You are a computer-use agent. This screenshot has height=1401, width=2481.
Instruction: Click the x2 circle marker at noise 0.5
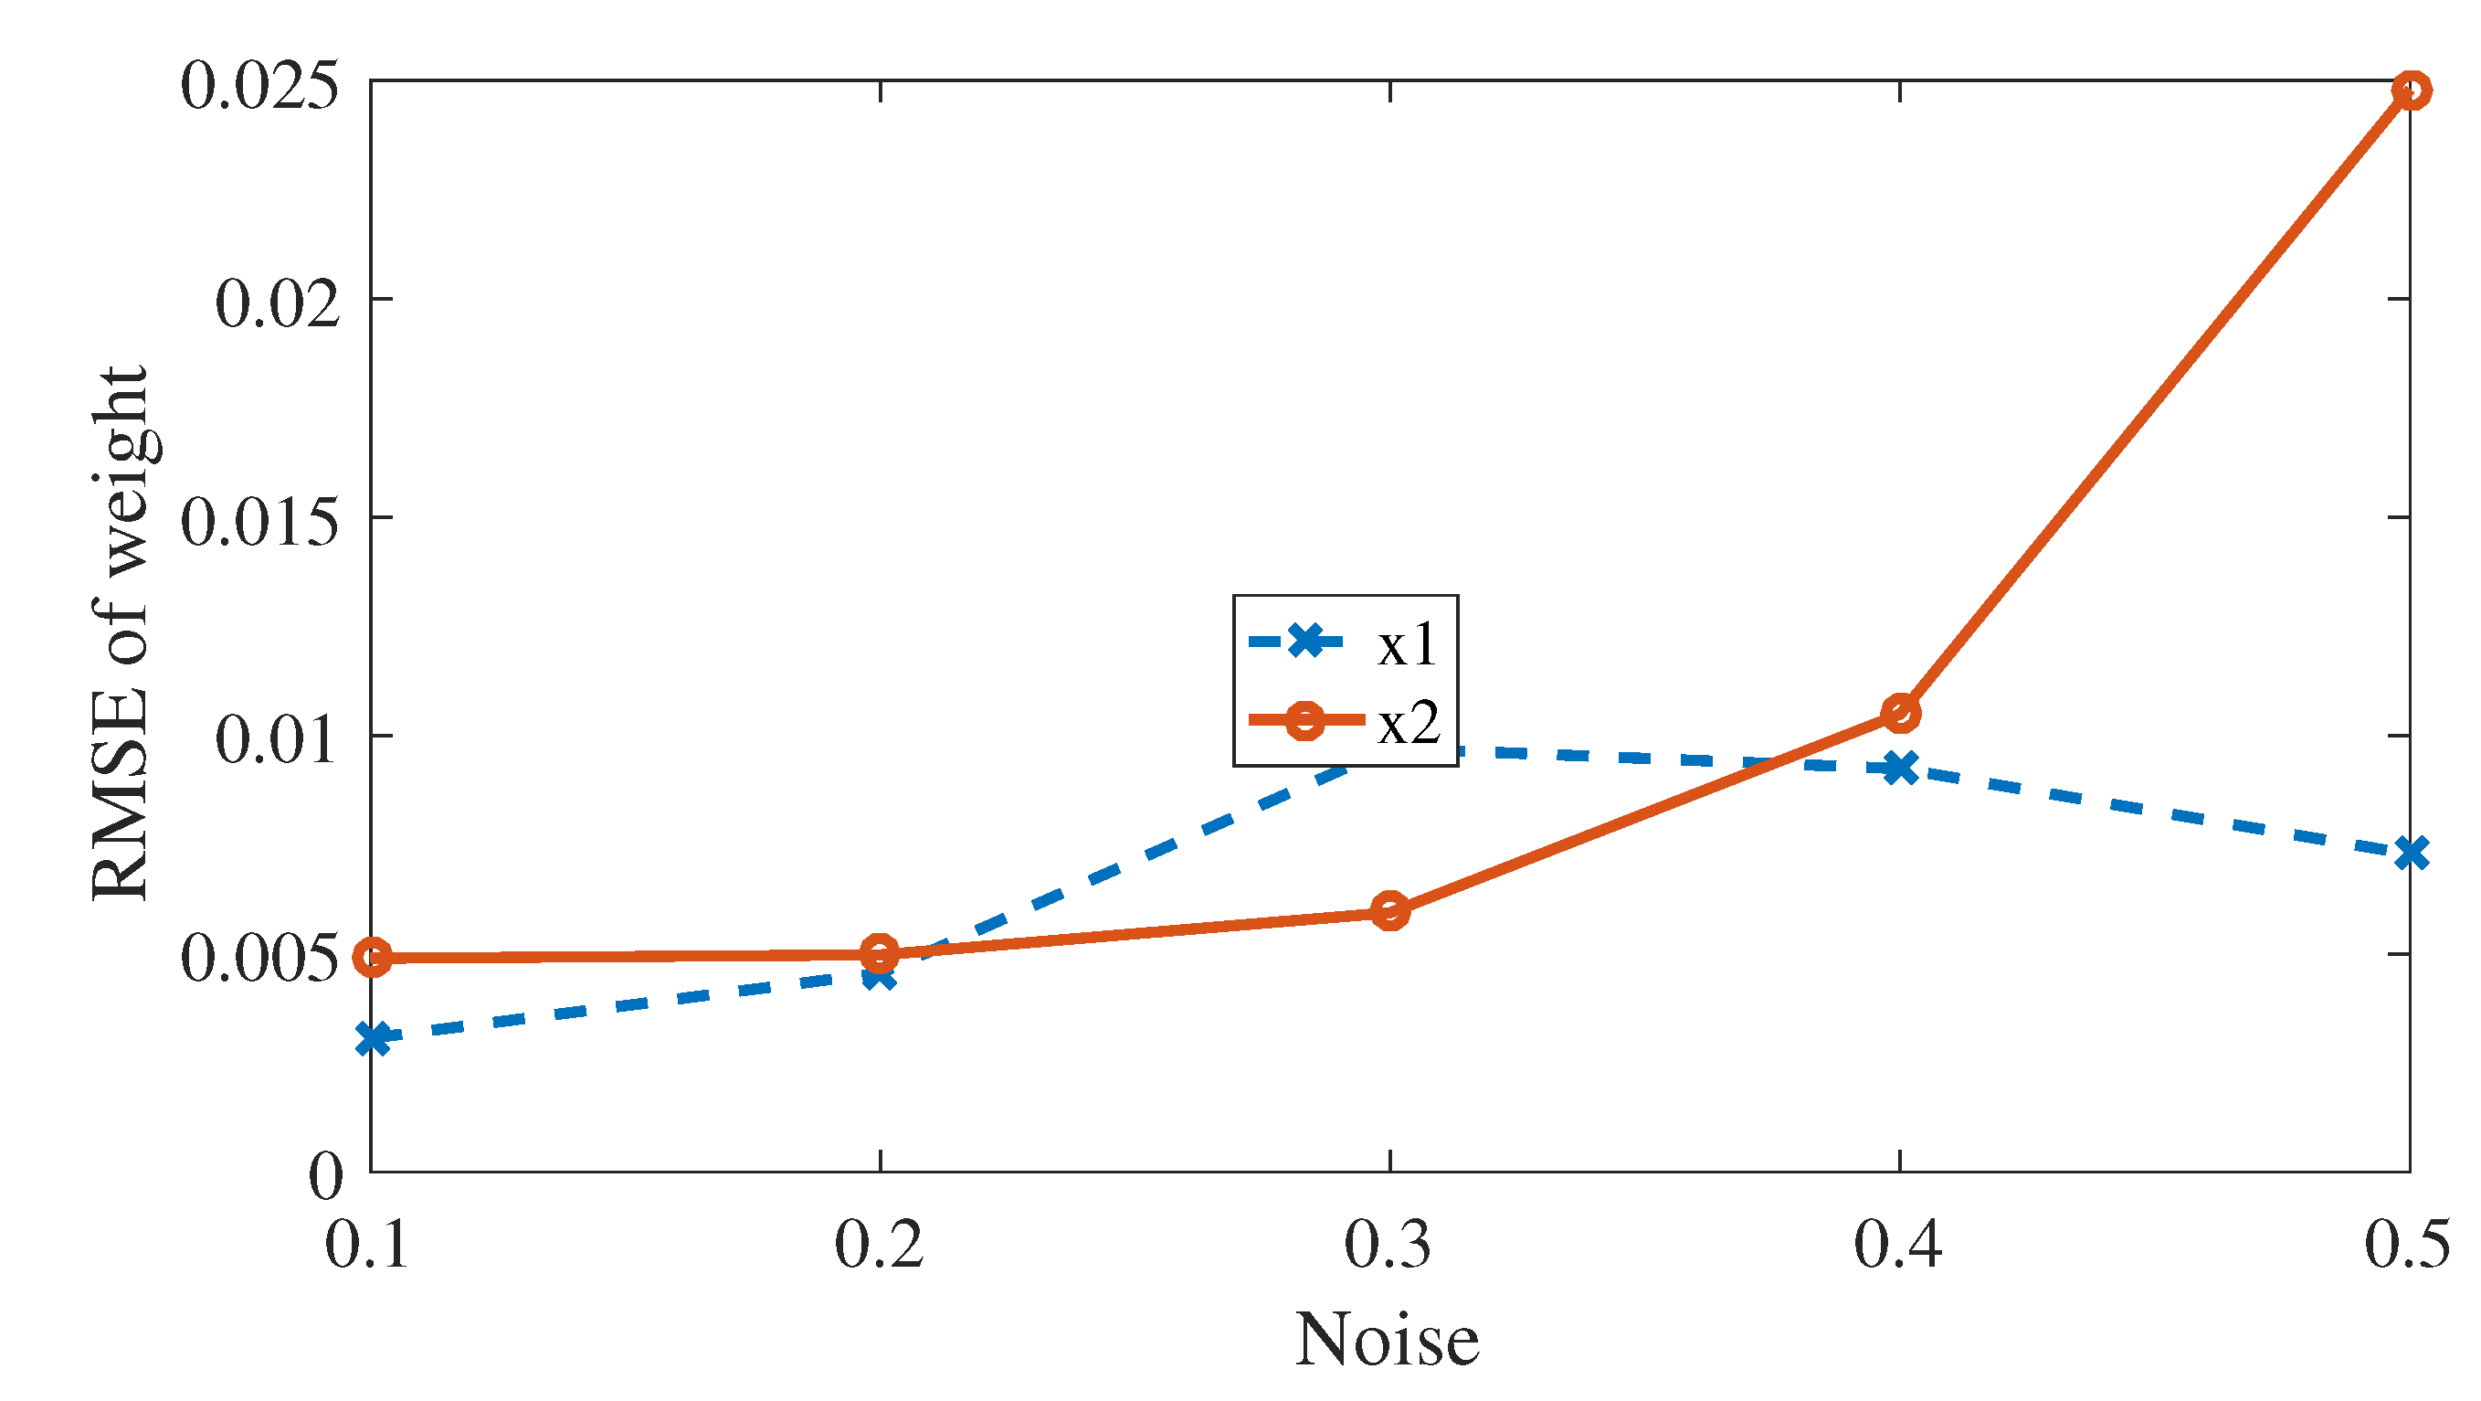click(x=2410, y=90)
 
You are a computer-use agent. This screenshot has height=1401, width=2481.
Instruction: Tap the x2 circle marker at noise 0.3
click(x=1389, y=909)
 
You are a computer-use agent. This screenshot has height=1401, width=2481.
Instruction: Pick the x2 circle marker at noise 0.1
click(x=372, y=957)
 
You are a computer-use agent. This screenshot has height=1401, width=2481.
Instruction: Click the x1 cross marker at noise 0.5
click(x=2410, y=852)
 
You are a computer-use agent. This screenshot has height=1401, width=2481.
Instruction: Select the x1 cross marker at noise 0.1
click(x=372, y=1039)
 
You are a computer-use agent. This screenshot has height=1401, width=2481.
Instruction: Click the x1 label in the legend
click(x=1407, y=643)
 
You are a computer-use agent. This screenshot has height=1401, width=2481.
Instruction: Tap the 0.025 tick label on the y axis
click(x=260, y=85)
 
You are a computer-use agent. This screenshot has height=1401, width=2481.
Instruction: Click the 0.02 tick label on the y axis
click(x=278, y=302)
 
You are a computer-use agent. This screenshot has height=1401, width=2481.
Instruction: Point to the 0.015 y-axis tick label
click(x=260, y=521)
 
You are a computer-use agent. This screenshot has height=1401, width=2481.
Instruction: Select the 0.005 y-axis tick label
click(x=260, y=958)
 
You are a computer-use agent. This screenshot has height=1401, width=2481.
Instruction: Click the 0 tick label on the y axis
click(x=325, y=1175)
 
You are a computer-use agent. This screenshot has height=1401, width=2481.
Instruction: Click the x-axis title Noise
click(x=1387, y=1340)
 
